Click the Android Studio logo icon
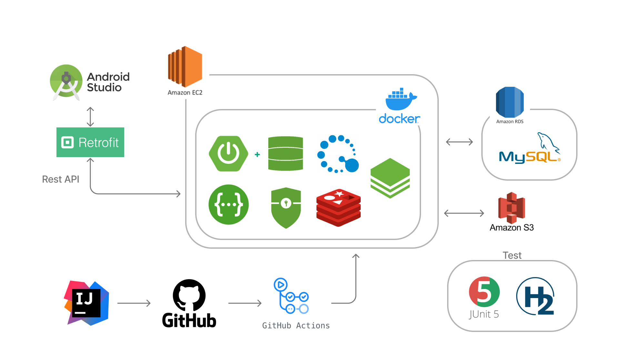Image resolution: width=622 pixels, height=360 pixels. tap(66, 81)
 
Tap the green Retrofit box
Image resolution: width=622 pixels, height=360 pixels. tap(90, 142)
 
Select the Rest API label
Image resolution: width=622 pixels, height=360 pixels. tap(61, 179)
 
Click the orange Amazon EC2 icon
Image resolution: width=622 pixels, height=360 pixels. tap(185, 66)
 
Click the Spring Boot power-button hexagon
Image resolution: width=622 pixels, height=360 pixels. tap(228, 154)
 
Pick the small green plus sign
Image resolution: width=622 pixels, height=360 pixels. tap(257, 155)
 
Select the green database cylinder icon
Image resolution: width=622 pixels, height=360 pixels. tap(285, 154)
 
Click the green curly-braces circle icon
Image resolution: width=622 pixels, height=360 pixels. tap(228, 205)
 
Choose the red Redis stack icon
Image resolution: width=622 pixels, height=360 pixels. tap(338, 208)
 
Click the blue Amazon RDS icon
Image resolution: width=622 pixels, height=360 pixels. tap(510, 102)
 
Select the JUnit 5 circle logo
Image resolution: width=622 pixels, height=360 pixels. tap(484, 292)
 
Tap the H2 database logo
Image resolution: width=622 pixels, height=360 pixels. tap(536, 296)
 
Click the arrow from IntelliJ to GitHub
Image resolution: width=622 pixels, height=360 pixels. tap(134, 303)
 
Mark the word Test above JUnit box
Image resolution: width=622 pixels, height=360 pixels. tap(512, 255)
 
